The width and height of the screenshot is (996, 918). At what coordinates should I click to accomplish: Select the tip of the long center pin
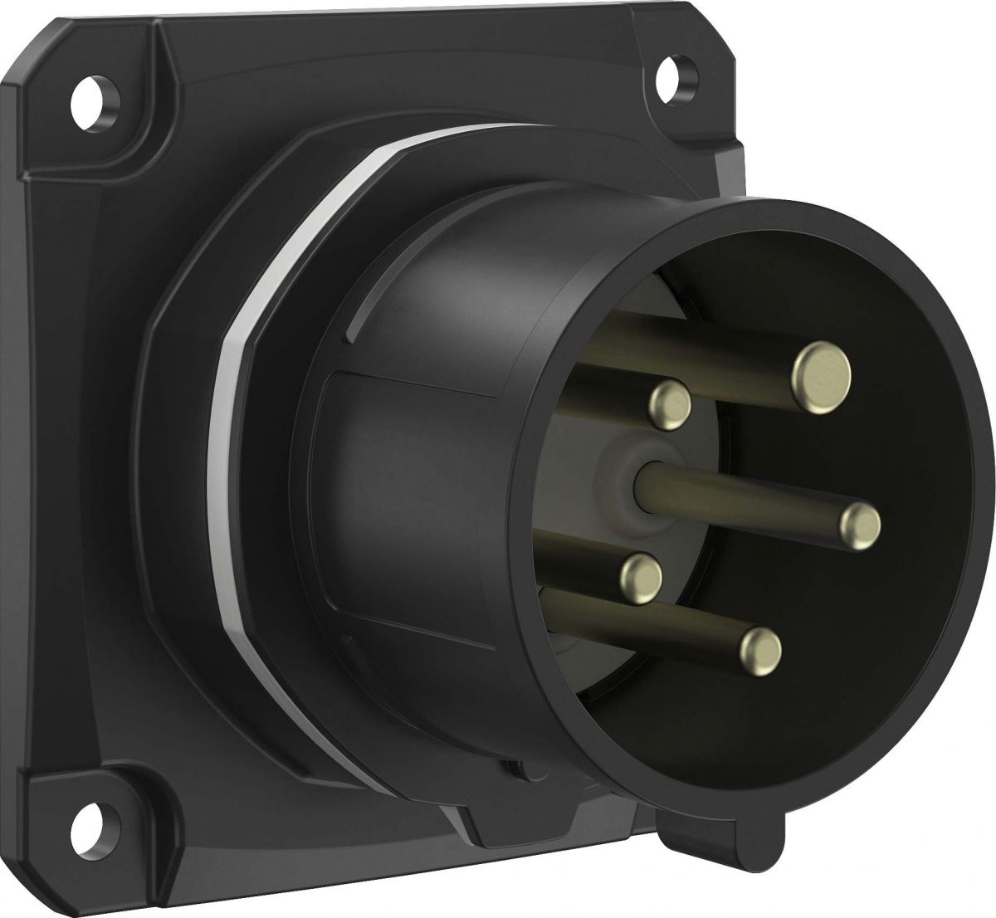(859, 524)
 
